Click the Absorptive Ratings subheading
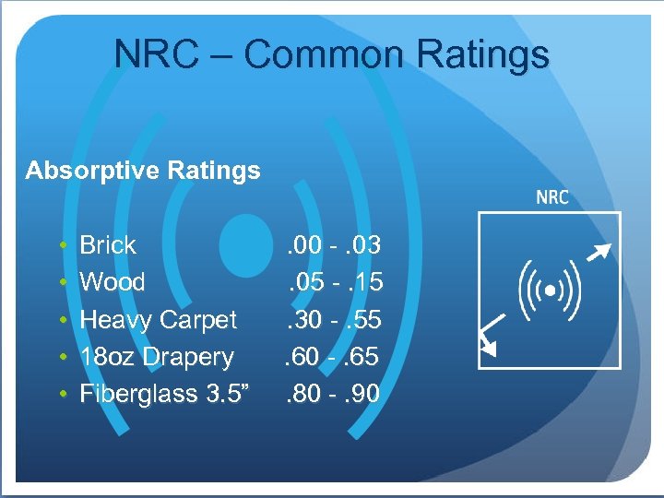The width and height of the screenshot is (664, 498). tap(143, 171)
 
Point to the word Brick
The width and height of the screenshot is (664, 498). tap(108, 245)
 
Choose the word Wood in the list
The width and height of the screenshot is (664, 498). tap(113, 282)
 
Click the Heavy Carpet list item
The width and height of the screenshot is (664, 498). tap(159, 320)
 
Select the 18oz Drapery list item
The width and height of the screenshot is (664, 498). tap(157, 357)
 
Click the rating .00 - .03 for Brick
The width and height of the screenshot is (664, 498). tap(333, 245)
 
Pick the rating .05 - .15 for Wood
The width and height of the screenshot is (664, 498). tap(333, 282)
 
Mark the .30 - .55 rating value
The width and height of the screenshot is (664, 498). tap(333, 320)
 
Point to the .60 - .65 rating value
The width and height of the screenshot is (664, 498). tap(333, 357)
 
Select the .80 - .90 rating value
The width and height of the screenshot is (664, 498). tap(333, 394)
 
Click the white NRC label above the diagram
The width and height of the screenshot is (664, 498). tap(552, 197)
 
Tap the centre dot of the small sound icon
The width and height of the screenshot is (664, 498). tap(550, 290)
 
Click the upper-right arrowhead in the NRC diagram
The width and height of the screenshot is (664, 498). tap(600, 249)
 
